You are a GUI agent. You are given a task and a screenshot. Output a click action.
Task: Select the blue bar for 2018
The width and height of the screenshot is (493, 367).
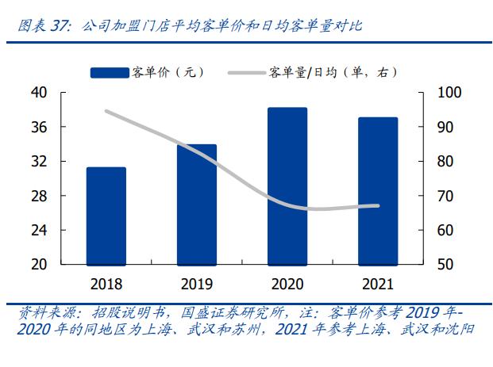pos(106,216)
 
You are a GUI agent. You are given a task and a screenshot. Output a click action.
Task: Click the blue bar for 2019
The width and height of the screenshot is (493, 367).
pos(196,205)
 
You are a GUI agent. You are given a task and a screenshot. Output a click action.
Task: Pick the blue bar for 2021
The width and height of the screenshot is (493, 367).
pos(377,190)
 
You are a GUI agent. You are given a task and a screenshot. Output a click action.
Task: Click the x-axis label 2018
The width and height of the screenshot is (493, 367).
pos(106,282)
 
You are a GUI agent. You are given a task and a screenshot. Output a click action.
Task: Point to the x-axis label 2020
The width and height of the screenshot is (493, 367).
pos(287,282)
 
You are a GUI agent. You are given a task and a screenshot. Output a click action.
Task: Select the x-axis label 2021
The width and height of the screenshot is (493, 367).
pos(377,282)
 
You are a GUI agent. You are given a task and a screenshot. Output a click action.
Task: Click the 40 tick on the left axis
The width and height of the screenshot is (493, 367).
pos(39,93)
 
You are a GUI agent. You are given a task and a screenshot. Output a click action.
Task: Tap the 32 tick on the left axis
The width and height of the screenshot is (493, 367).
pos(39,162)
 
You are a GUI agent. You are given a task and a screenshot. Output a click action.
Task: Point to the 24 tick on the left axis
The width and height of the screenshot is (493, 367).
pos(39,230)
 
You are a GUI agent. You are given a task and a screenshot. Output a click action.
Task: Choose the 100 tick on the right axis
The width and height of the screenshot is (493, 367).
pos(449,93)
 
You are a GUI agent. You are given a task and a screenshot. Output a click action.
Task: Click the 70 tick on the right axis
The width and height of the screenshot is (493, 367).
pos(445,196)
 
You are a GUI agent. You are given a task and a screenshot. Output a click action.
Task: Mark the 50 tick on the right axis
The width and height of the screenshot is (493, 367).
pos(445,264)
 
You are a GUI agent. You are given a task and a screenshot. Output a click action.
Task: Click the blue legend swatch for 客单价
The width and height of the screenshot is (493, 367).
pos(109,73)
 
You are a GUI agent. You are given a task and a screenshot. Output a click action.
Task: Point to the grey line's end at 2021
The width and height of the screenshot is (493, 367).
pos(378,206)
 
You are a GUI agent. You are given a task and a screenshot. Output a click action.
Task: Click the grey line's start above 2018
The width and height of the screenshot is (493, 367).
pos(106,111)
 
